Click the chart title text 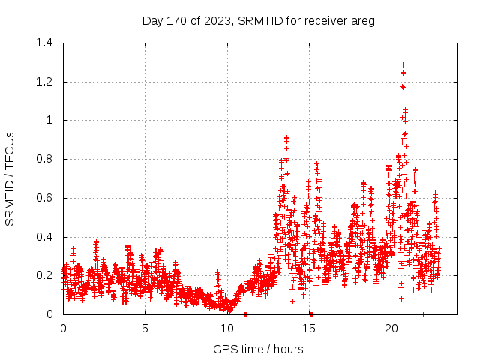tap(258, 20)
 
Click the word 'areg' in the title tap(362, 21)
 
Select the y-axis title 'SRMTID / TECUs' tap(10, 178)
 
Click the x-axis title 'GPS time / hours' tap(258, 349)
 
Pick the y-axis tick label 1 tap(51, 120)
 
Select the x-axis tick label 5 tap(145, 328)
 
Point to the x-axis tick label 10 tap(227, 328)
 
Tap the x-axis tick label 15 tap(310, 328)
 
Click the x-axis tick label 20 tap(391, 328)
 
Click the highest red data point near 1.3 tap(403, 65)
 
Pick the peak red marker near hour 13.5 tap(286, 138)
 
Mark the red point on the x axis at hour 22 tap(424, 314)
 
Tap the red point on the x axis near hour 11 tap(246, 314)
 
